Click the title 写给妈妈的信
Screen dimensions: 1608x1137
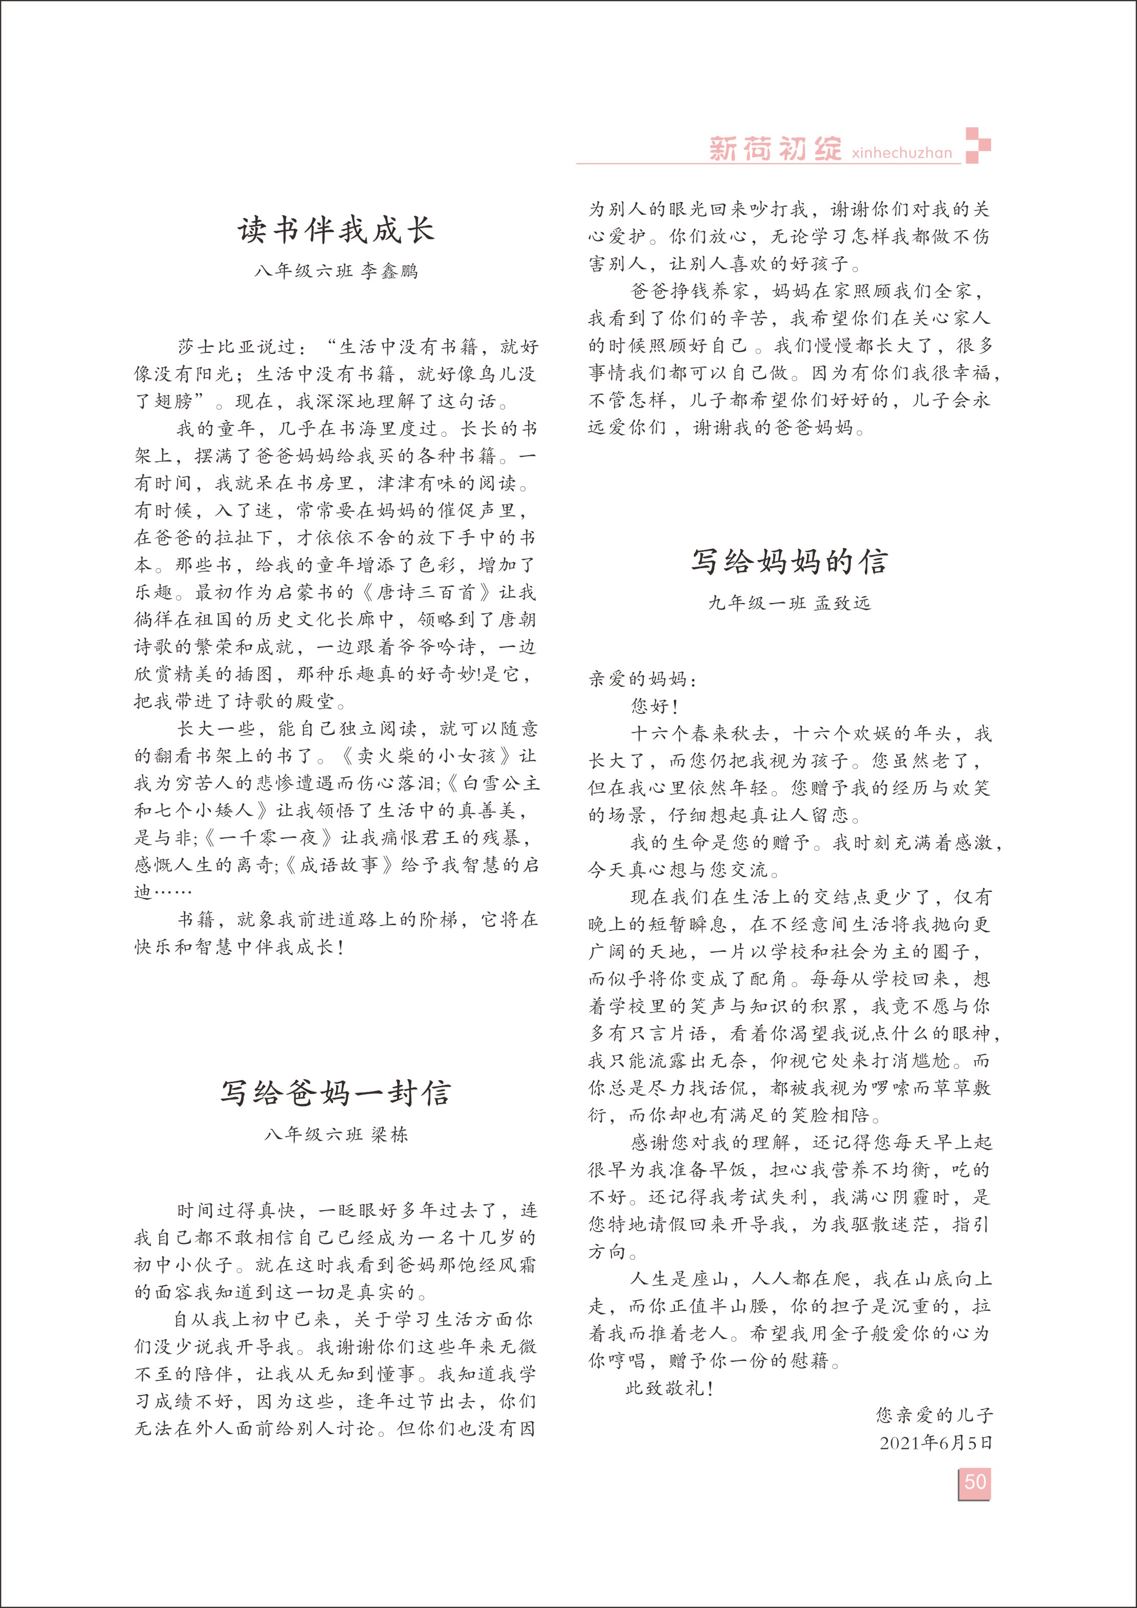coord(790,562)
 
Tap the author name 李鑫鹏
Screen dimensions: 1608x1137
coord(389,271)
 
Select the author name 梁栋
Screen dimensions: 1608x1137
coord(389,1134)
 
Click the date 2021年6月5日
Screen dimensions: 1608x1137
coord(936,1443)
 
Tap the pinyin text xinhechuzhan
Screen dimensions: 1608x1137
coord(902,153)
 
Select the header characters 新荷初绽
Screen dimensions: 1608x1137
coord(775,148)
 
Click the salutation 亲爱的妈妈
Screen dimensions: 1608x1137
coord(638,679)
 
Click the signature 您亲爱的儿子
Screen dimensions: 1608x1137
coord(934,1415)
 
